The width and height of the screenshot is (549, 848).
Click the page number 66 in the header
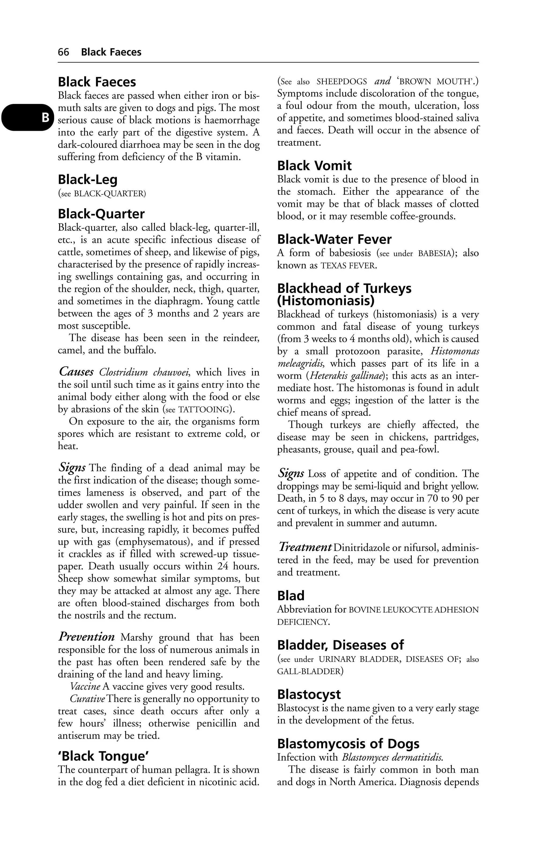tap(64, 52)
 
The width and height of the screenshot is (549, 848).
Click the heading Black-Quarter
tap(101, 214)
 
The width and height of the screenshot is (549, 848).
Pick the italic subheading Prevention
tap(87, 636)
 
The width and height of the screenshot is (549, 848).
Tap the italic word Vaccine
tap(85, 686)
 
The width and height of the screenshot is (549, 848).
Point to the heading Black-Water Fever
tap(334, 239)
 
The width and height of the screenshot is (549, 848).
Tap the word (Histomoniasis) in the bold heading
tap(326, 301)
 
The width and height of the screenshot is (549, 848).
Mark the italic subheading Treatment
tap(305, 547)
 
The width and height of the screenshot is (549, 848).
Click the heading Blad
tap(291, 596)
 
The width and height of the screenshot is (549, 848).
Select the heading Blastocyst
tap(309, 694)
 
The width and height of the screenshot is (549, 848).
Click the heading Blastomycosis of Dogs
tap(348, 744)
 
